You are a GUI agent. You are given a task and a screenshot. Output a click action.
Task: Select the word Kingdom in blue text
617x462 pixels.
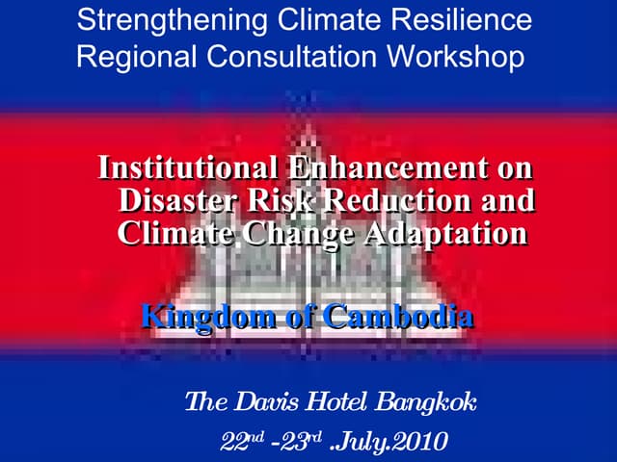click(x=204, y=315)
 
